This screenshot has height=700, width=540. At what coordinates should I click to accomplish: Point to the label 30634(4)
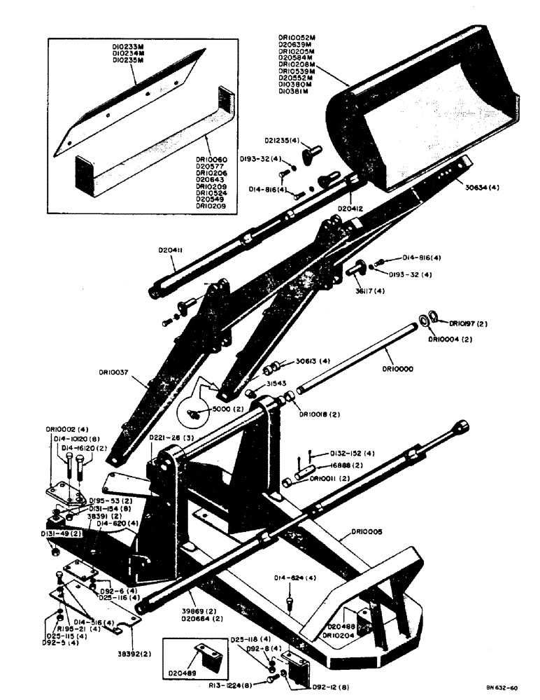pos(481,187)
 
